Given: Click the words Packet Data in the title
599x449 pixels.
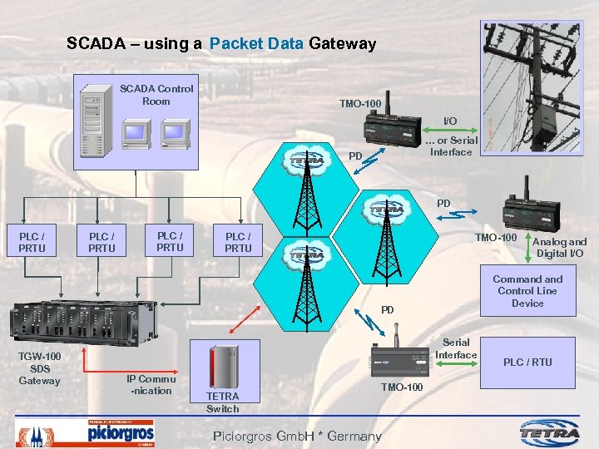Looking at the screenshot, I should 257,43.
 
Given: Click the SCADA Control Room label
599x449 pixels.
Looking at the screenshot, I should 156,95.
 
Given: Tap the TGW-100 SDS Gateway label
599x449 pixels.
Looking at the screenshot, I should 39,368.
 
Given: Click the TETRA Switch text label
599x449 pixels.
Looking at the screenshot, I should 222,402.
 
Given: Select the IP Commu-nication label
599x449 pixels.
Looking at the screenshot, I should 150,384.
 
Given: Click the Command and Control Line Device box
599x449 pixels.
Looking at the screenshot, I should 527,291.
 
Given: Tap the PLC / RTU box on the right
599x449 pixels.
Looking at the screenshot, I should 527,362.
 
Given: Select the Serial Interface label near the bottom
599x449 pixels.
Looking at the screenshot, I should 456,348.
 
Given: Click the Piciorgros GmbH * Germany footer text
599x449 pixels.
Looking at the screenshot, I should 297,436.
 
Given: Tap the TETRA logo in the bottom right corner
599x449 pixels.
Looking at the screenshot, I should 551,432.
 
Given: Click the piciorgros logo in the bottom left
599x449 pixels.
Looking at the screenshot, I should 121,432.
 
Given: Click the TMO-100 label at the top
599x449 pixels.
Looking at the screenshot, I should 360,104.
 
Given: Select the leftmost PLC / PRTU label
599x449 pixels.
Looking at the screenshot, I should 32,242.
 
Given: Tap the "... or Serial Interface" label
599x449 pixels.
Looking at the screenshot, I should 451,146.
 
